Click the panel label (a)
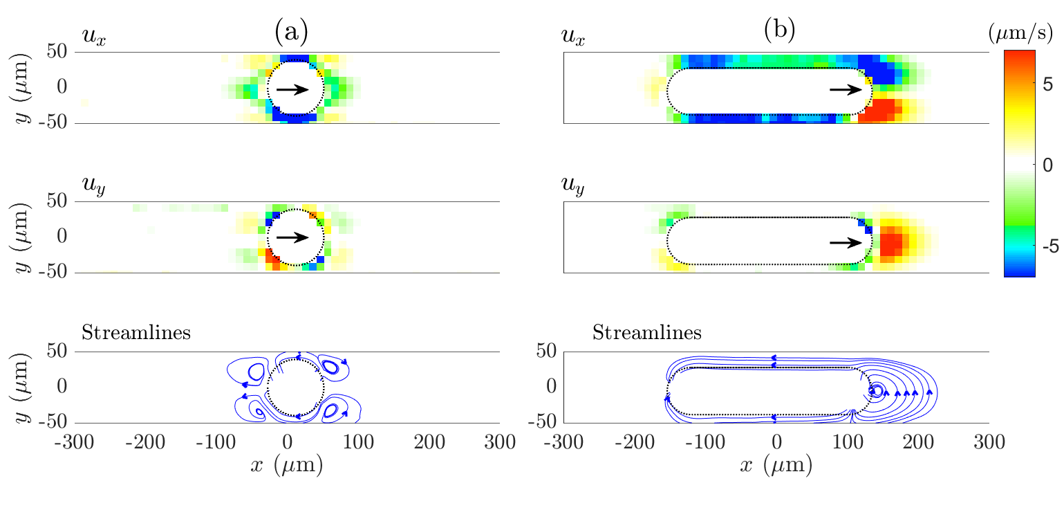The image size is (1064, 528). point(291,32)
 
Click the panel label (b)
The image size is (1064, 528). point(779,30)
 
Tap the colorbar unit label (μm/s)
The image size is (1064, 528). point(1020,33)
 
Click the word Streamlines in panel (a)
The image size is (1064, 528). point(136,333)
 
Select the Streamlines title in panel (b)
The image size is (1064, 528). point(647,333)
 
